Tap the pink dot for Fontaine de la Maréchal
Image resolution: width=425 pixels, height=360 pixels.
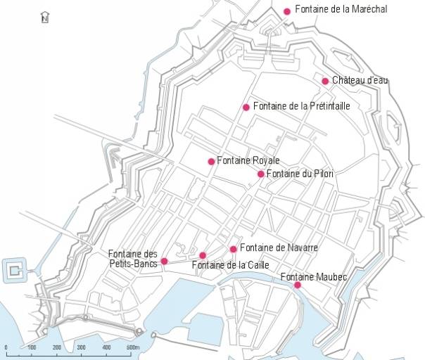pyautogui.click(x=287, y=11)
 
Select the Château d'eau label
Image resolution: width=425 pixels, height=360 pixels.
pyautogui.click(x=360, y=80)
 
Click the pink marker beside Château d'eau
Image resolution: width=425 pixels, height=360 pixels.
pyautogui.click(x=325, y=81)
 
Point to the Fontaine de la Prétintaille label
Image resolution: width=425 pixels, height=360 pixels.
pyautogui.click(x=301, y=106)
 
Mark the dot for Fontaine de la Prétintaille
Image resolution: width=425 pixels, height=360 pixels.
pyautogui.click(x=246, y=107)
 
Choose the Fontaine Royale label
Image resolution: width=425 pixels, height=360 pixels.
pyautogui.click(x=248, y=161)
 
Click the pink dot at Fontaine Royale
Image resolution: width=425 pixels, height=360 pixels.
pyautogui.click(x=211, y=162)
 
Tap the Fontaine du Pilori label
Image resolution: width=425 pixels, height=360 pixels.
pyautogui.click(x=300, y=174)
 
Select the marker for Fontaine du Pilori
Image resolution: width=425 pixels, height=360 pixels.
pyautogui.click(x=261, y=174)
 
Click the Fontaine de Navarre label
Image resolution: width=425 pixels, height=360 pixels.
pyautogui.click(x=279, y=247)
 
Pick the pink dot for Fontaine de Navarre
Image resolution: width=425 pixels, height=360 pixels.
pyautogui.click(x=234, y=249)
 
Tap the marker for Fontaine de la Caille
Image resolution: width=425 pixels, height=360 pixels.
pyautogui.click(x=203, y=255)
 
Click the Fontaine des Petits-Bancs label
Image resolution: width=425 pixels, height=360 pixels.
pyautogui.click(x=134, y=259)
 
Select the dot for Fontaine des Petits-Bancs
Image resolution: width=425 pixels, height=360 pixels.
pyautogui.click(x=165, y=262)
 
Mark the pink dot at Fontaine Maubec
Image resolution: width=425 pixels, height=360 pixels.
pyautogui.click(x=298, y=285)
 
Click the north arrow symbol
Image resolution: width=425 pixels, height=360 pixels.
pyautogui.click(x=45, y=17)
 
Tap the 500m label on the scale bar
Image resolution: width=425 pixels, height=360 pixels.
pyautogui.click(x=133, y=348)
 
